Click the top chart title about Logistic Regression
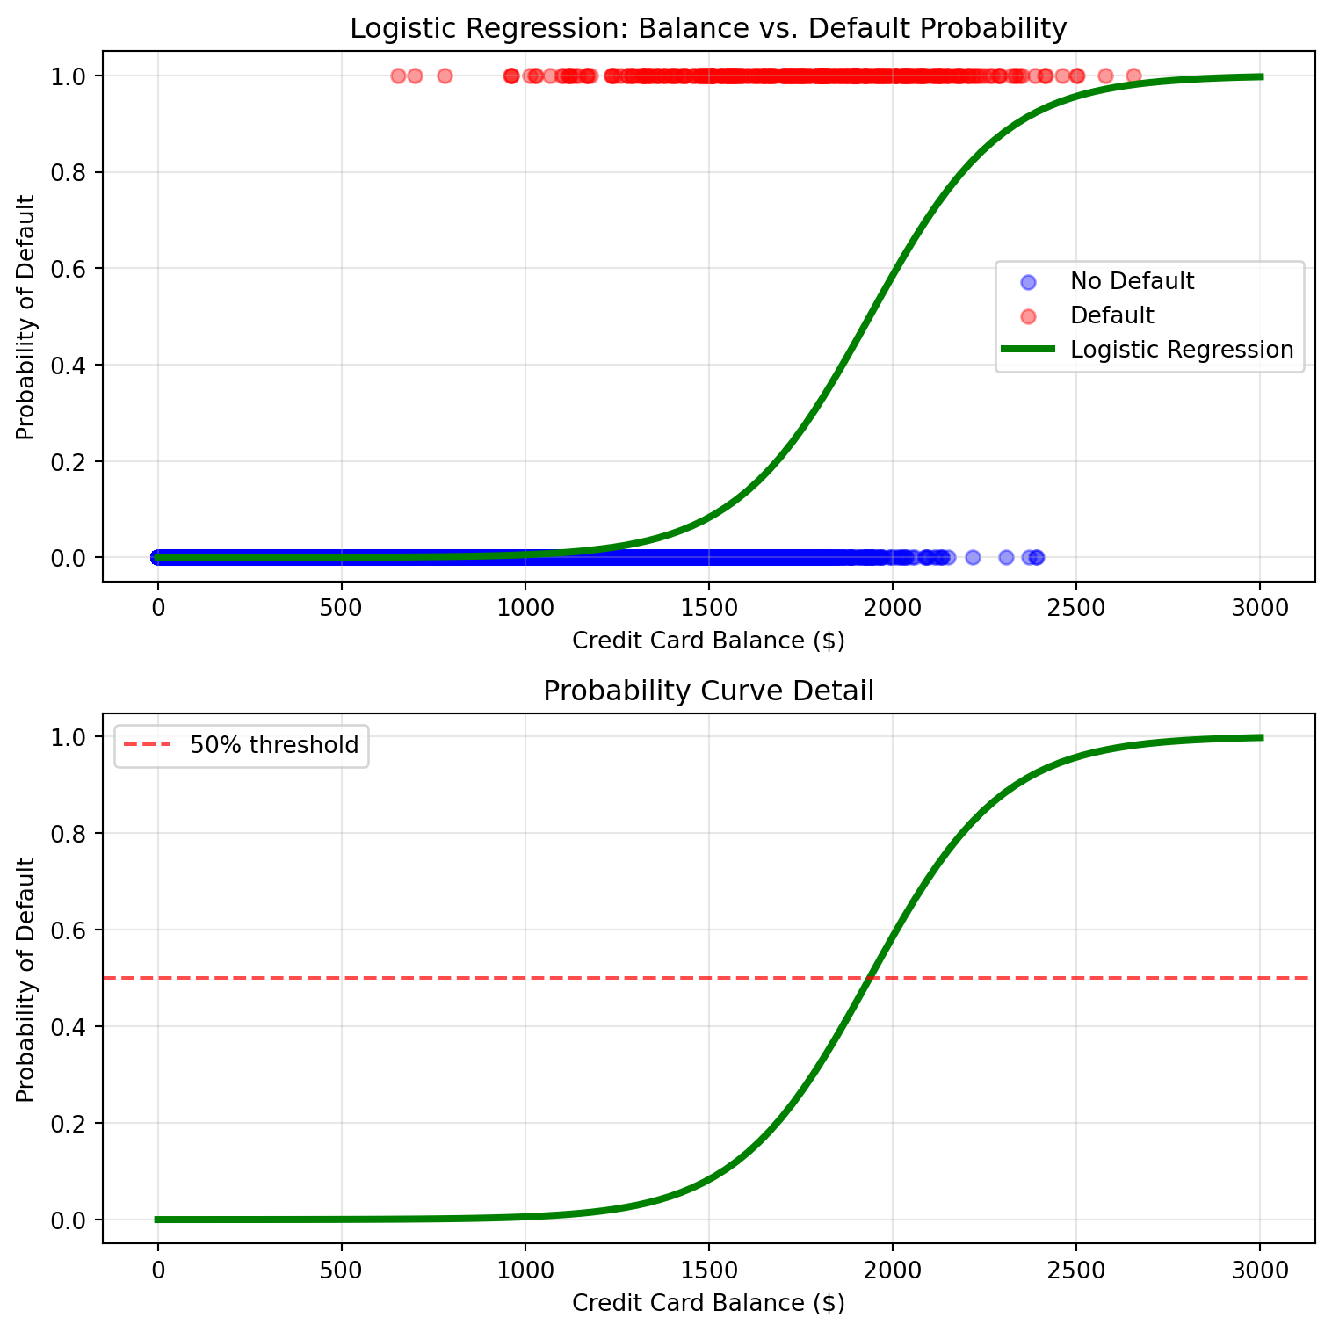point(708,29)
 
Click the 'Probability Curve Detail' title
point(708,691)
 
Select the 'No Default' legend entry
point(1132,281)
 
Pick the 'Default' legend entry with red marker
point(1111,315)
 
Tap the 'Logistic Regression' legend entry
point(1181,350)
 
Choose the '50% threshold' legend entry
point(274,745)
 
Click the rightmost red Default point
point(1133,76)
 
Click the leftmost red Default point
point(398,76)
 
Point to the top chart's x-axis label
point(708,641)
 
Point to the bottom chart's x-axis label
point(708,1303)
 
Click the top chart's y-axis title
point(26,317)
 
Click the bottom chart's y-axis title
point(26,979)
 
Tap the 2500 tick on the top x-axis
point(1075,607)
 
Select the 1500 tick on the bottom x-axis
point(708,1270)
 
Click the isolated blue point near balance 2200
point(973,557)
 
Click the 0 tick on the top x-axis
point(158,607)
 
